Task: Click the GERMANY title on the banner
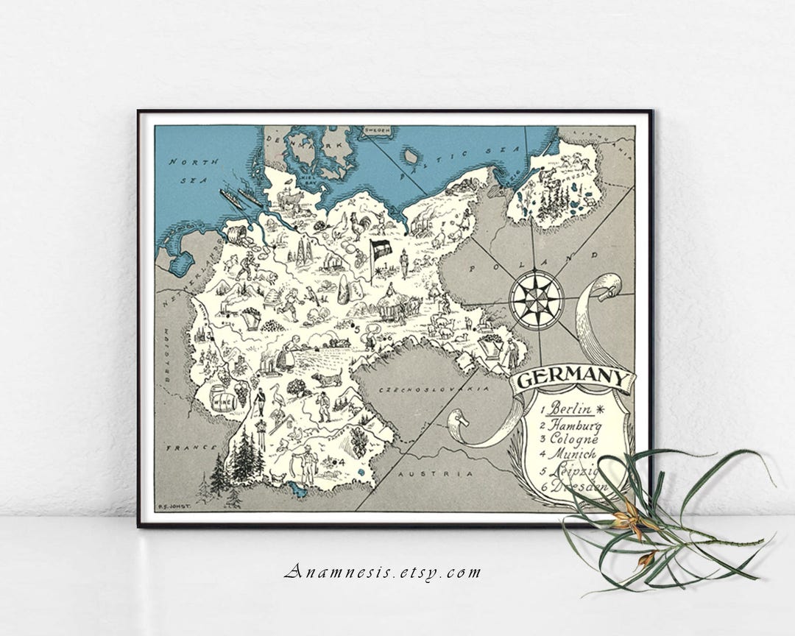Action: tap(573, 380)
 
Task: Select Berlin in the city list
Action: tap(575, 409)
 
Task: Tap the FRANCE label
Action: tap(185, 447)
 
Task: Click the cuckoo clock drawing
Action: tap(258, 425)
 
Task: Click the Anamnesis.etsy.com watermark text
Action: tap(383, 571)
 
